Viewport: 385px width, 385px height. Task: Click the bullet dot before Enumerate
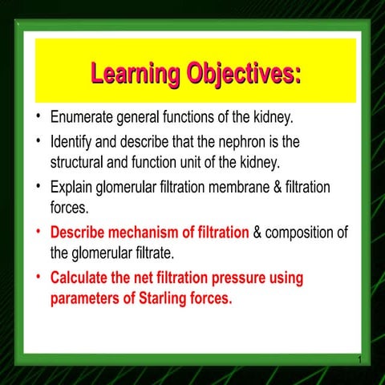pyautogui.click(x=38, y=118)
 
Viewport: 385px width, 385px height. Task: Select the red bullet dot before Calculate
pyautogui.click(x=38, y=278)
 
